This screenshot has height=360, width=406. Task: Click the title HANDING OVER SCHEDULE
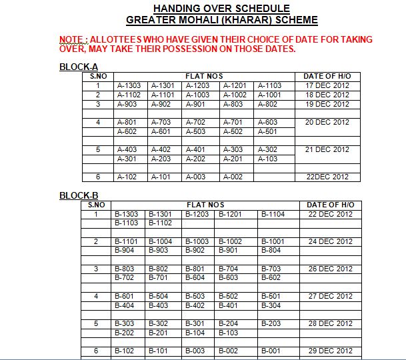click(x=221, y=9)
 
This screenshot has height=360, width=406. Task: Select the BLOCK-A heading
click(x=79, y=67)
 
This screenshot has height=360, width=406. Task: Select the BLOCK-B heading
click(x=79, y=195)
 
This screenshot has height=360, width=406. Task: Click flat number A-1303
click(x=129, y=86)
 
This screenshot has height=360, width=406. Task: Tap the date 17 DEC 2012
click(x=327, y=86)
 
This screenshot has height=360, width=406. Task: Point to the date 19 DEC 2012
click(x=327, y=105)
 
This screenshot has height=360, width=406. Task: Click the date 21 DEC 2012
click(x=327, y=150)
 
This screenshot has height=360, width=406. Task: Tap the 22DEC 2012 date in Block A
click(x=327, y=177)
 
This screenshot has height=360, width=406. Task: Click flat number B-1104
click(x=273, y=214)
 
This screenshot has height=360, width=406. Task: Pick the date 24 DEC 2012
click(x=331, y=241)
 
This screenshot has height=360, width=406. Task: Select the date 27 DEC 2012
click(x=331, y=296)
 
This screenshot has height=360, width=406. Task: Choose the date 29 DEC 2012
click(x=331, y=351)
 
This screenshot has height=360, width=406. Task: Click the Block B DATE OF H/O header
click(x=331, y=205)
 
